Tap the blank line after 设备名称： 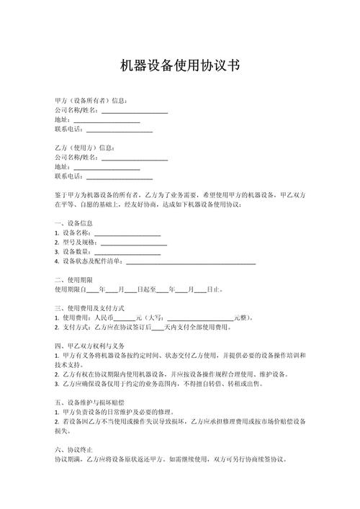pyautogui.click(x=127, y=233)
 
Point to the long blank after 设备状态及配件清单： pyautogui.click(x=191, y=261)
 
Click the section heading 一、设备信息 pyautogui.click(x=73, y=223)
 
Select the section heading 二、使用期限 pyautogui.click(x=73, y=279)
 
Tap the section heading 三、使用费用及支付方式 pyautogui.click(x=90, y=307)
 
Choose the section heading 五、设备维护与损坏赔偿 pyautogui.click(x=90, y=401)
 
